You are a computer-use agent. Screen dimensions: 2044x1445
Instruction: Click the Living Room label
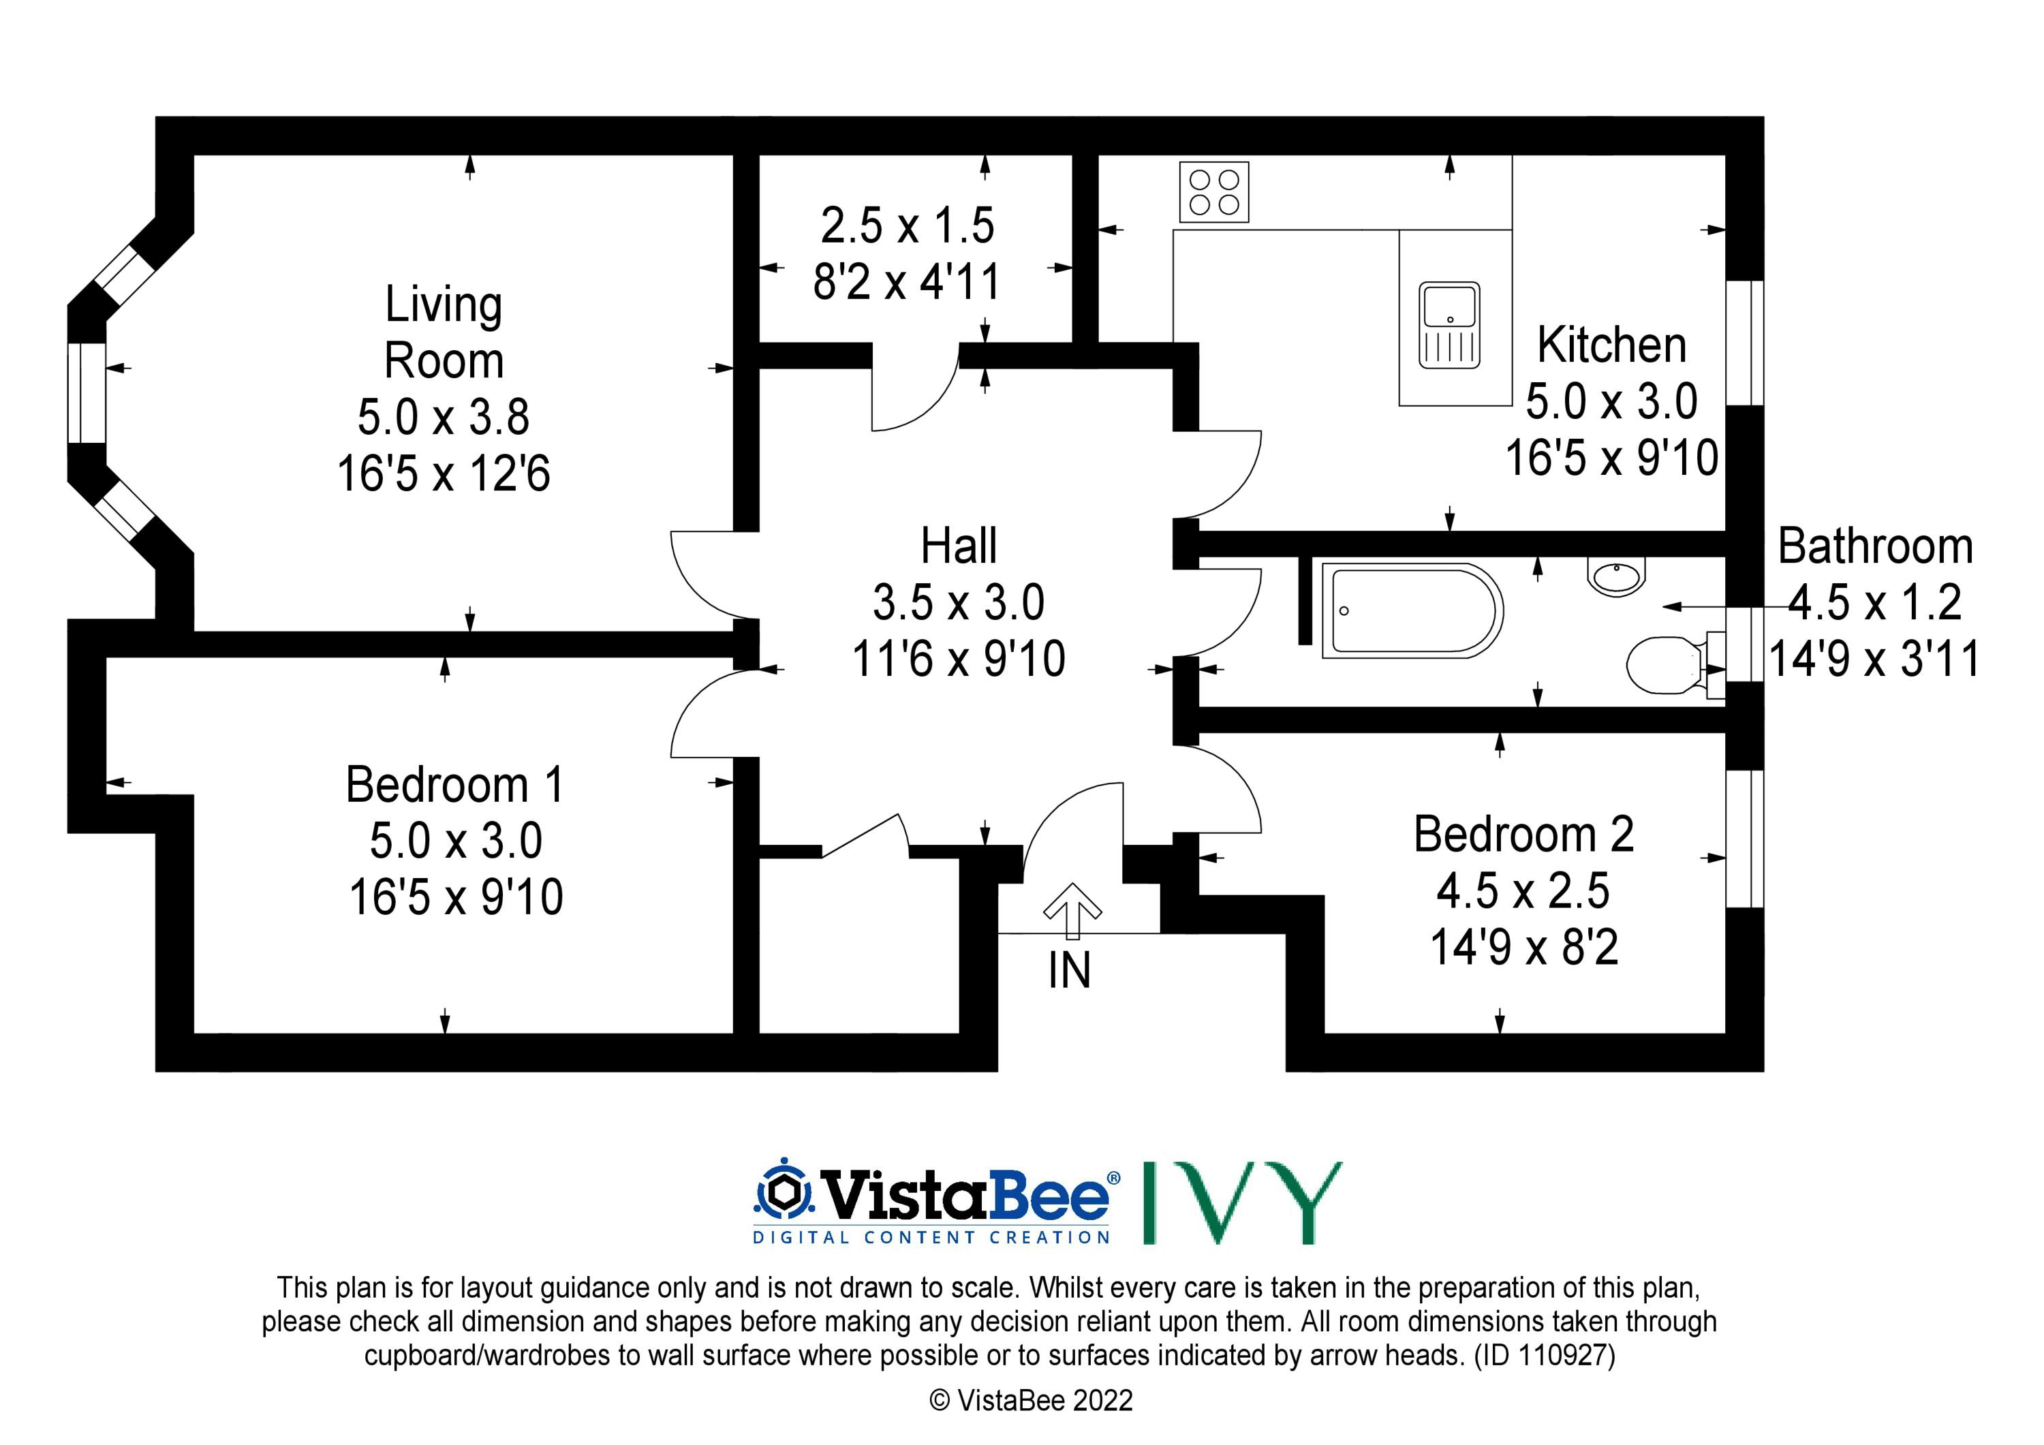(x=444, y=332)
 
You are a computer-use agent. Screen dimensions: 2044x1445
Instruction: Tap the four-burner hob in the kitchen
(x=1214, y=191)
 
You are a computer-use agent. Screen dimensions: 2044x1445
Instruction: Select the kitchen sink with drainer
(x=1449, y=325)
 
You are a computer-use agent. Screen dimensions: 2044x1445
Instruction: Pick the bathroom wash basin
(x=1617, y=576)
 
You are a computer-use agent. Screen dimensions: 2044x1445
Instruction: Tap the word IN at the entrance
(x=1069, y=970)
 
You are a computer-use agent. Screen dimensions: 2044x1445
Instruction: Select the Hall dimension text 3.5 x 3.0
(x=959, y=603)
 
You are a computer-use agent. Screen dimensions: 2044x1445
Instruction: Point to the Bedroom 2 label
(x=1523, y=835)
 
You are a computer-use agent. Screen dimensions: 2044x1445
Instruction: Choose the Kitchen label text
(x=1611, y=345)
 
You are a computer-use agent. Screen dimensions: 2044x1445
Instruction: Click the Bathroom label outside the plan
(x=1876, y=546)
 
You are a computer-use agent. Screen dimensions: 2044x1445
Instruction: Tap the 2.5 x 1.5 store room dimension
(x=907, y=226)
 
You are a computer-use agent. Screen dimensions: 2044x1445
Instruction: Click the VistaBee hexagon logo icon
(x=785, y=1190)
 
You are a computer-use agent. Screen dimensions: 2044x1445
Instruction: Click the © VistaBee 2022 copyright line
(x=1031, y=1401)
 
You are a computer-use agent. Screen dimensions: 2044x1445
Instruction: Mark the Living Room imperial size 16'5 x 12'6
(x=444, y=473)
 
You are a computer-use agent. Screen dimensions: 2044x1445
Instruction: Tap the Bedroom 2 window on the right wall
(x=1745, y=839)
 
